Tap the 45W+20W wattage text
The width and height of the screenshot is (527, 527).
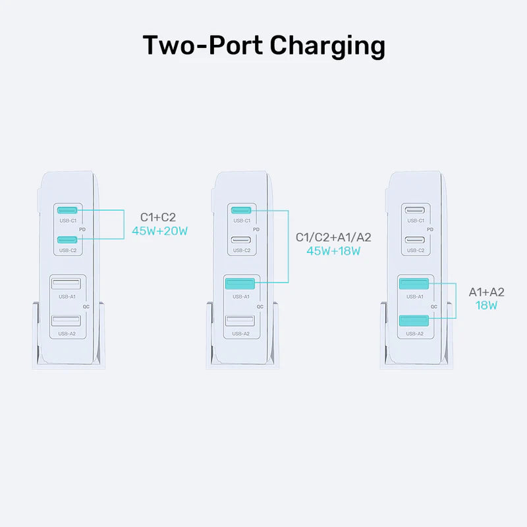(160, 231)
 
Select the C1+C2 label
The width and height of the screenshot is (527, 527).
(158, 217)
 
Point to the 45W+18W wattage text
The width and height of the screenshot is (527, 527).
(333, 250)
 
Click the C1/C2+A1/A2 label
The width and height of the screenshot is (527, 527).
(333, 236)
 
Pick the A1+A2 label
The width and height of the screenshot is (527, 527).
(486, 292)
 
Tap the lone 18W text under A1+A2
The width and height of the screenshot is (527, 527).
(486, 306)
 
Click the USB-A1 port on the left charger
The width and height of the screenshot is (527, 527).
(67, 283)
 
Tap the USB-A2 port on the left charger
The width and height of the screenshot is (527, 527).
(67, 321)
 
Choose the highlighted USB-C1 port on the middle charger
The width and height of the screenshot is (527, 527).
(240, 210)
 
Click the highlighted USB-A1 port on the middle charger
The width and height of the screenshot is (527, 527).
(240, 283)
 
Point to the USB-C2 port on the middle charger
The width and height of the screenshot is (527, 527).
(240, 239)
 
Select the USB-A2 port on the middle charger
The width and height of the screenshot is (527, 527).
(240, 321)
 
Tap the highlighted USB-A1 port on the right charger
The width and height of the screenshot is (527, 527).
(414, 283)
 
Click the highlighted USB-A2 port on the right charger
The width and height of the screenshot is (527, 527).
(414, 321)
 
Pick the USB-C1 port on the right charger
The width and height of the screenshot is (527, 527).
(414, 210)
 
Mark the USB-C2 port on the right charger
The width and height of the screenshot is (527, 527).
(414, 239)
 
